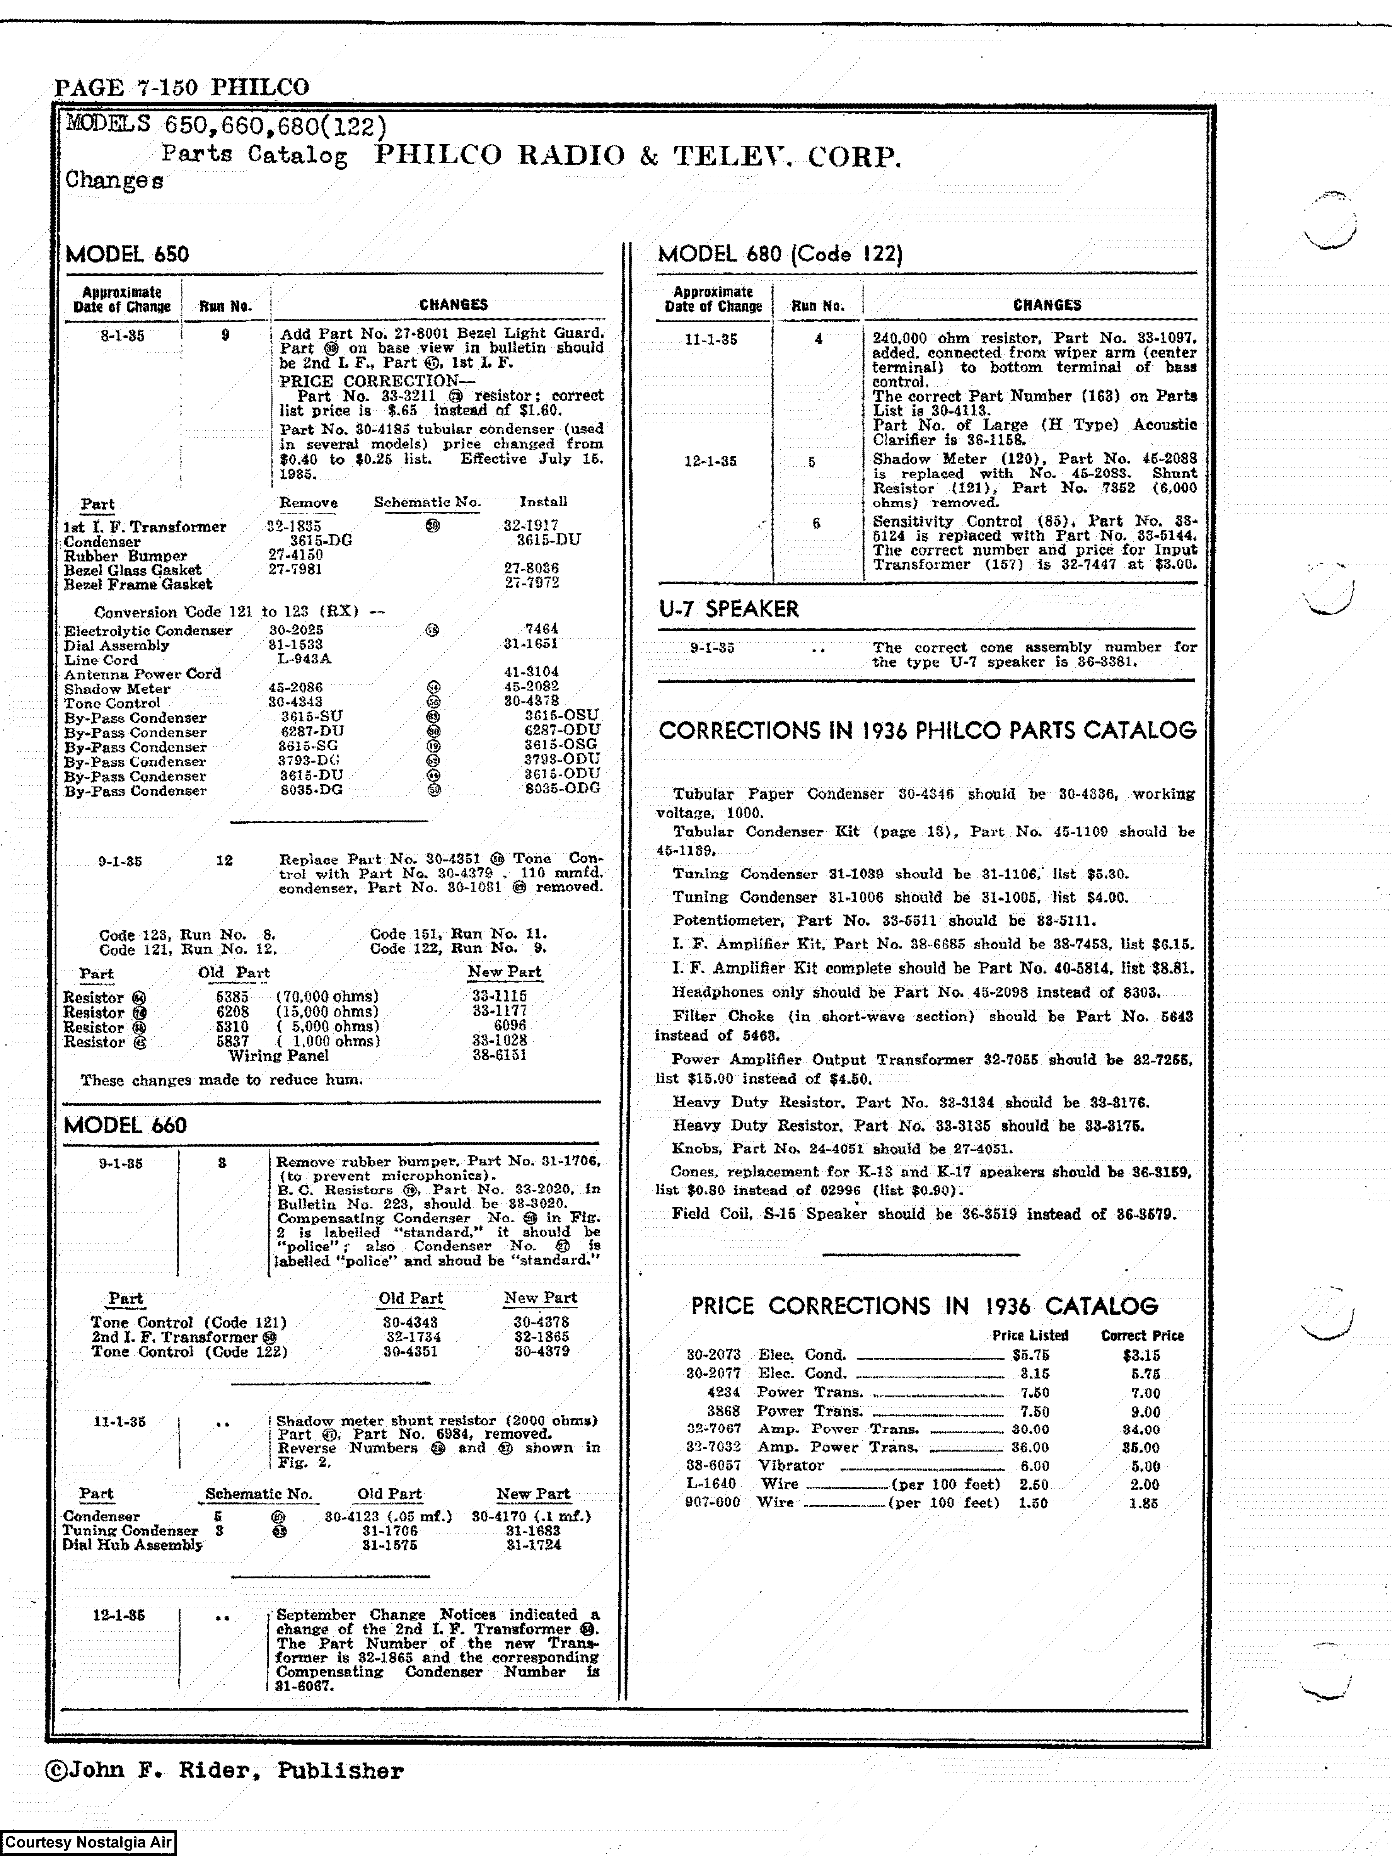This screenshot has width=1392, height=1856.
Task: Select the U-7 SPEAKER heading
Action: (728, 609)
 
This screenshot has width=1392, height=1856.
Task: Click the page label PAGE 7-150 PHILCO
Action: (181, 87)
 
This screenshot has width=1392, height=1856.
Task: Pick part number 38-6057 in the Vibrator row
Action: (713, 1466)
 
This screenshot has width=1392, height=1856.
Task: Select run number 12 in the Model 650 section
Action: (224, 860)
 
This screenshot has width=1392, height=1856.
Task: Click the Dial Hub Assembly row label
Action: (132, 1545)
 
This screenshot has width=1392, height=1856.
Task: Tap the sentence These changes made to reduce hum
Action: (222, 1080)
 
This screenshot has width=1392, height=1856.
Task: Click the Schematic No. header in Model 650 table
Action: (427, 502)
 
